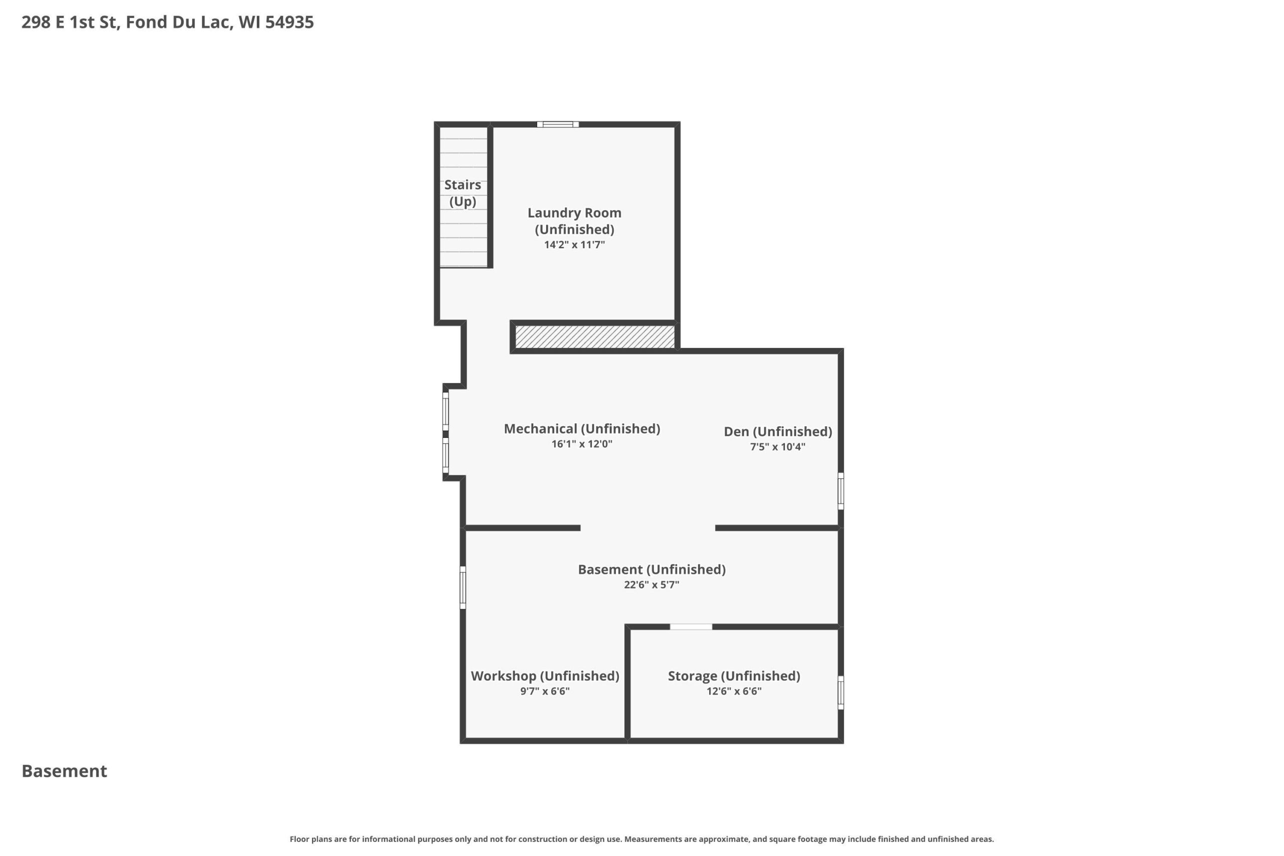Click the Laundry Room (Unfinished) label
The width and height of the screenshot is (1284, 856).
pos(574,221)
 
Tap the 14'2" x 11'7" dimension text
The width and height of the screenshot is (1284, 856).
pos(574,245)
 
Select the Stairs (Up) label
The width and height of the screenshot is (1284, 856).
pos(462,193)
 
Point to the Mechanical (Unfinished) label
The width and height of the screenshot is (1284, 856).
pos(582,429)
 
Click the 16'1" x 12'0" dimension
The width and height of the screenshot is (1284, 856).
pos(582,444)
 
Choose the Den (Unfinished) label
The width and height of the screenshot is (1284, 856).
pos(778,431)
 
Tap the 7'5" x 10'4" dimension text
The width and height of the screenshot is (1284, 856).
pos(778,447)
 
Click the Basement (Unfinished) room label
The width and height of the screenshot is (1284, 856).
pos(652,569)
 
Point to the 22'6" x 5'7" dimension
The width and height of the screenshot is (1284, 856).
pos(652,585)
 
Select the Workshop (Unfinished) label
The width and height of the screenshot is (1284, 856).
pos(545,676)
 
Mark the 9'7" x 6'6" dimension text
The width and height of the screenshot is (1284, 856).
pos(545,691)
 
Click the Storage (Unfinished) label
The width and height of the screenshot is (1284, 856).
pos(734,676)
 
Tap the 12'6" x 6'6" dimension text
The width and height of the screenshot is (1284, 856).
pos(734,691)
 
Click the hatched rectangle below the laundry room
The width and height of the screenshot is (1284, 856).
pos(595,337)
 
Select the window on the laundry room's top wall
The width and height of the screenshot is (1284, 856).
pos(558,124)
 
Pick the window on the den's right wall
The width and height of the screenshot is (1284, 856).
pos(841,491)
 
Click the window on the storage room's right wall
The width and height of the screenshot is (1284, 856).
pos(841,693)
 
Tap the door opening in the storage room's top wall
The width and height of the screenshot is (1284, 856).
pos(691,627)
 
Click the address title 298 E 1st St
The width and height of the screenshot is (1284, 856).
pos(70,22)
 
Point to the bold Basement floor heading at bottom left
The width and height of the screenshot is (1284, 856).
pos(64,771)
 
